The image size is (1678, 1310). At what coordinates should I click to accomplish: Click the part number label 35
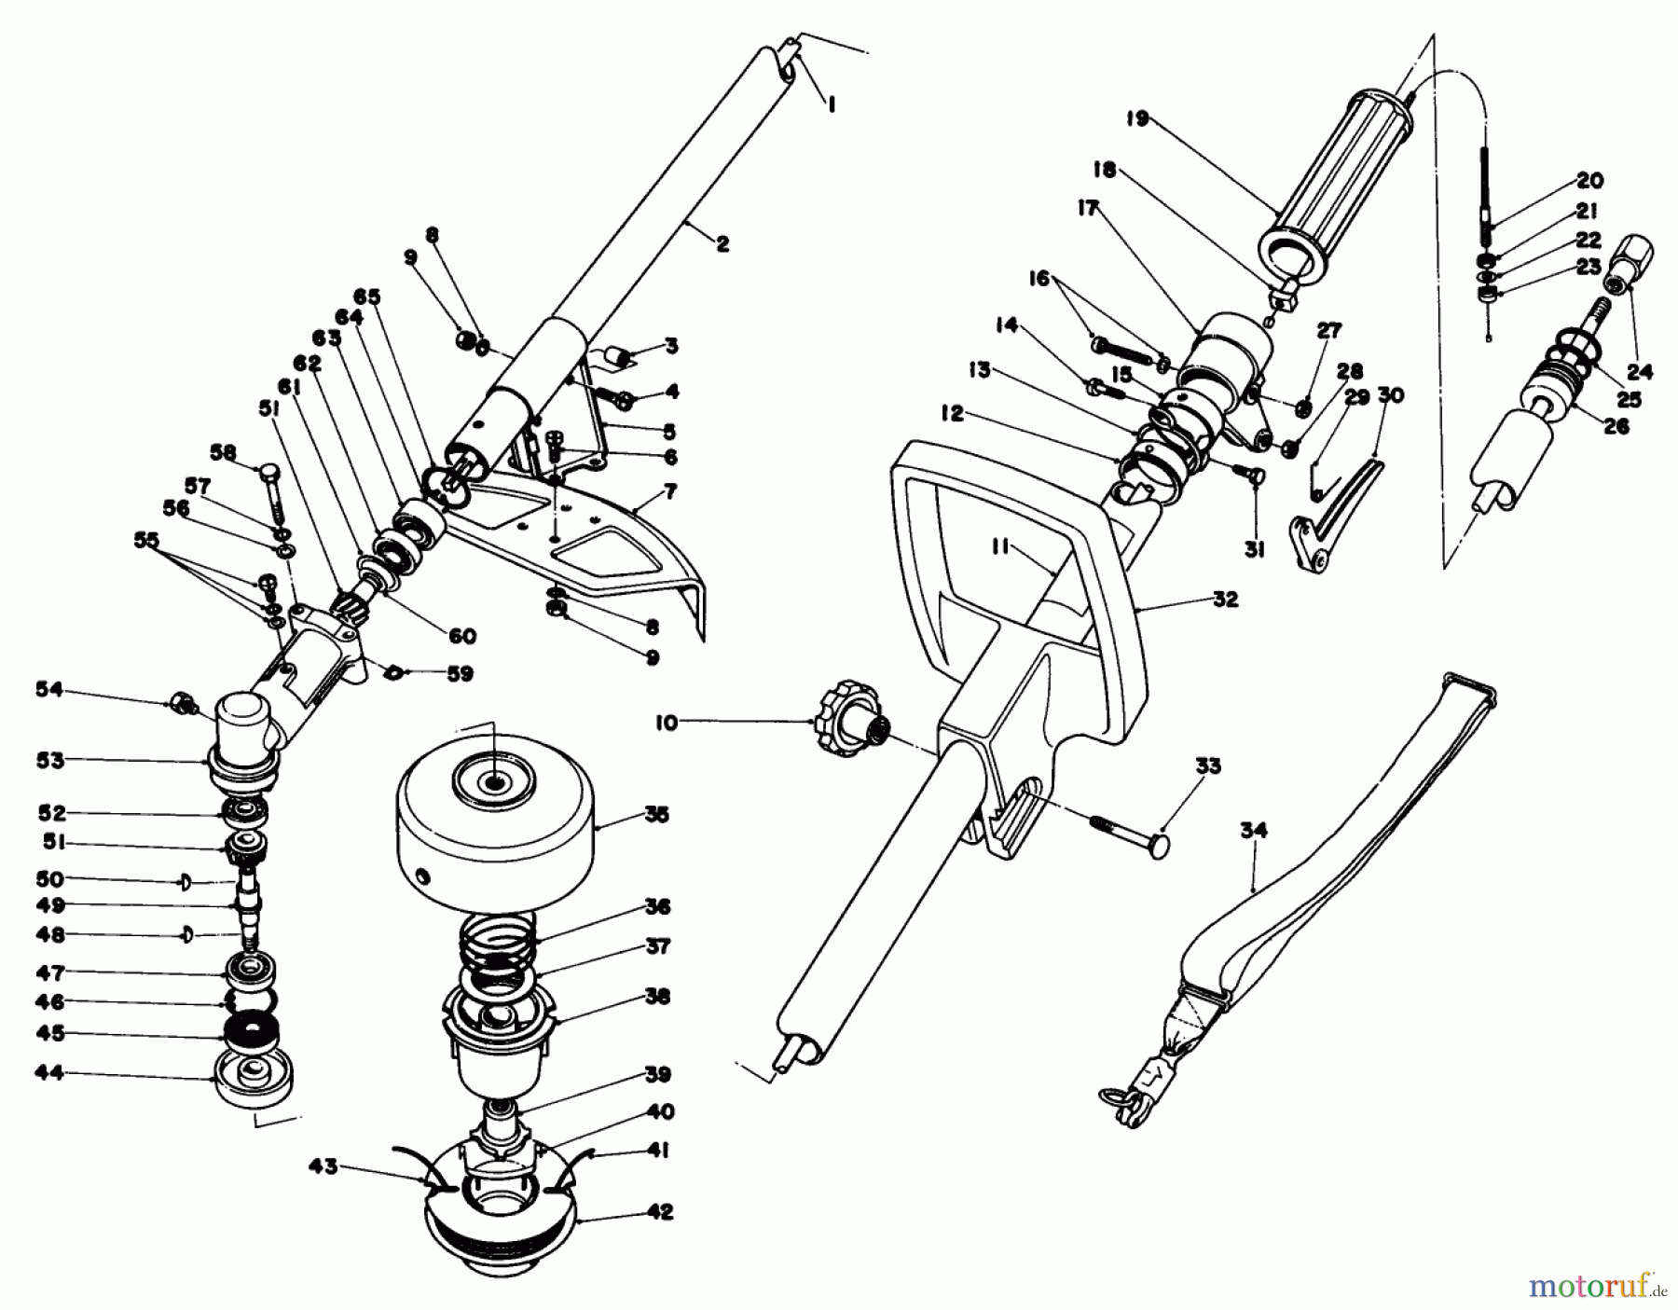point(656,815)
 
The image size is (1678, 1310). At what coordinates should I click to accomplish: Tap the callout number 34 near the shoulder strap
point(1254,829)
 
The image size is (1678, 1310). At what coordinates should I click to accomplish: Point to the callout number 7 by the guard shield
point(668,490)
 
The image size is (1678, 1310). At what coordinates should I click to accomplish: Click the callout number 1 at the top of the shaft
point(831,106)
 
